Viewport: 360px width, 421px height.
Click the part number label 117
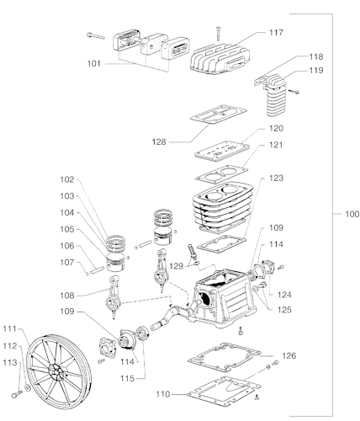pyautogui.click(x=276, y=33)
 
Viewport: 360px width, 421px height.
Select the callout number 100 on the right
pyautogui.click(x=352, y=214)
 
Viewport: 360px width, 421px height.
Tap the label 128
pyautogui.click(x=159, y=142)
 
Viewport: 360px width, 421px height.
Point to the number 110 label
pyautogui.click(x=163, y=394)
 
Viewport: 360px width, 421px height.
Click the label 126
pyautogui.click(x=289, y=355)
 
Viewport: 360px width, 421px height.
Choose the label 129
pyautogui.click(x=176, y=266)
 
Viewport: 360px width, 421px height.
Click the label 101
pyautogui.click(x=94, y=64)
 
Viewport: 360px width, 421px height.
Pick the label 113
pyautogui.click(x=10, y=363)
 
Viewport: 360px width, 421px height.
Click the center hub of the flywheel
pyautogui.click(x=57, y=371)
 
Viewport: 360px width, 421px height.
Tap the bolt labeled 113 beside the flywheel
pyautogui.click(x=17, y=393)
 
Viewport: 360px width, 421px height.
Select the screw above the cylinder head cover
pyautogui.click(x=218, y=34)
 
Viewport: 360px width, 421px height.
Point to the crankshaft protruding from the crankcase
pyautogui.click(x=175, y=316)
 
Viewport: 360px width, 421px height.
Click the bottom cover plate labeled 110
pyautogui.click(x=224, y=392)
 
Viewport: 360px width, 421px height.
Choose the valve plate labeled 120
pyautogui.click(x=222, y=152)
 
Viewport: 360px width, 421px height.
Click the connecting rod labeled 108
pyautogui.click(x=113, y=296)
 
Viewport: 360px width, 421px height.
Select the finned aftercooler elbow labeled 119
pyautogui.click(x=275, y=94)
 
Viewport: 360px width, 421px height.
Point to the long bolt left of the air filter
pyautogui.click(x=96, y=36)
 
